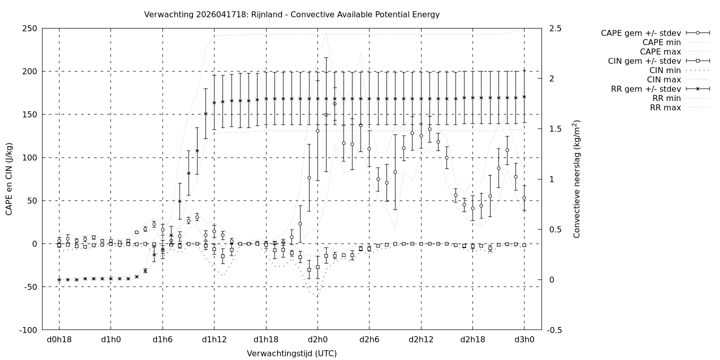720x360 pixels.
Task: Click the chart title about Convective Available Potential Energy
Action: pos(291,14)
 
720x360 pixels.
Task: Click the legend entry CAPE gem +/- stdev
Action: pos(642,33)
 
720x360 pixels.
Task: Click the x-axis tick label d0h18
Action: pos(59,340)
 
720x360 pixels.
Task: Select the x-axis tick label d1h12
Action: pos(214,340)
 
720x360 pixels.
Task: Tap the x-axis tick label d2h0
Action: pos(317,340)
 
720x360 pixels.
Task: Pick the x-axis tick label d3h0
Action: pos(524,340)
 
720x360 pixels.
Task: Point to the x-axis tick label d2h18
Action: pos(472,340)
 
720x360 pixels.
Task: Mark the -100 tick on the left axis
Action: pos(28,330)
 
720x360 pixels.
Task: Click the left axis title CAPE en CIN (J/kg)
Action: pos(9,179)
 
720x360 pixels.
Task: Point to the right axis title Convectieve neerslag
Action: pos(577,179)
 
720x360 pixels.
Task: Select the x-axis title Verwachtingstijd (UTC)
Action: pos(291,353)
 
